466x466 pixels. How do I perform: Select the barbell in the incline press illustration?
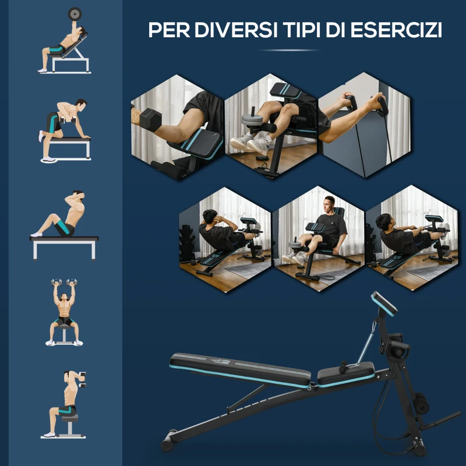pyautogui.click(x=75, y=13)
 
